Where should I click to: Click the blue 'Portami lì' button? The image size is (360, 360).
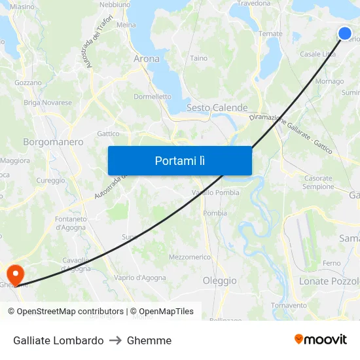(179, 160)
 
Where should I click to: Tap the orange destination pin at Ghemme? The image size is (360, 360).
(14, 274)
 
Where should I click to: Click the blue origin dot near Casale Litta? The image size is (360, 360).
(345, 33)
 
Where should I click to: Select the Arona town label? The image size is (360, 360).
(146, 59)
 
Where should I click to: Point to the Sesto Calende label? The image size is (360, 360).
(217, 108)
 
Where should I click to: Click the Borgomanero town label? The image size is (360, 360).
(53, 141)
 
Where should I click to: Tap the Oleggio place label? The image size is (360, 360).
(219, 281)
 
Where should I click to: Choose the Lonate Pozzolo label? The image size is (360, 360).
(329, 281)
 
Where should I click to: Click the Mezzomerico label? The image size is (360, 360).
(190, 257)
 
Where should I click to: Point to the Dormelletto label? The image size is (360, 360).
(153, 96)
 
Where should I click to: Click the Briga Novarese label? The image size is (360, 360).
(48, 103)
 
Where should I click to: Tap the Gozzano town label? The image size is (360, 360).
(27, 83)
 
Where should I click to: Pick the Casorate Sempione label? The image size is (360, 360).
(318, 182)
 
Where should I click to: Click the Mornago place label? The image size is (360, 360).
(329, 82)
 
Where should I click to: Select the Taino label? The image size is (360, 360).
(198, 58)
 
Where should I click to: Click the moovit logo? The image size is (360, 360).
(321, 340)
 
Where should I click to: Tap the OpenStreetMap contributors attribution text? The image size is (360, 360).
(70, 312)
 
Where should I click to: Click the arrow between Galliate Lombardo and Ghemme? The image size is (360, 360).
(115, 340)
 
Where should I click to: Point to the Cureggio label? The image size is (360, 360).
(50, 181)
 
